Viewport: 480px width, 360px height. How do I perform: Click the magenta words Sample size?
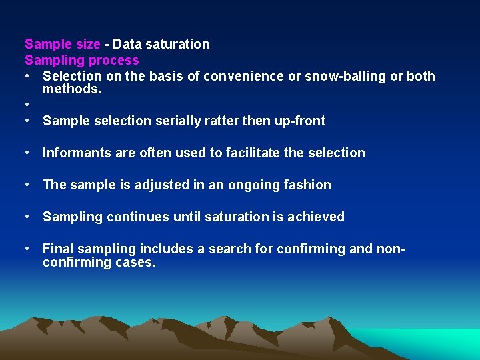[63, 45]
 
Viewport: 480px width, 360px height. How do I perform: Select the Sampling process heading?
[82, 61]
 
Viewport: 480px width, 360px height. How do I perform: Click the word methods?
[72, 89]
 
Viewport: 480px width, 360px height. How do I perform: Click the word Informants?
[77, 153]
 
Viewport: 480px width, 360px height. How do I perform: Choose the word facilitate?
[253, 153]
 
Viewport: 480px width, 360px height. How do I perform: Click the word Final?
[58, 249]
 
